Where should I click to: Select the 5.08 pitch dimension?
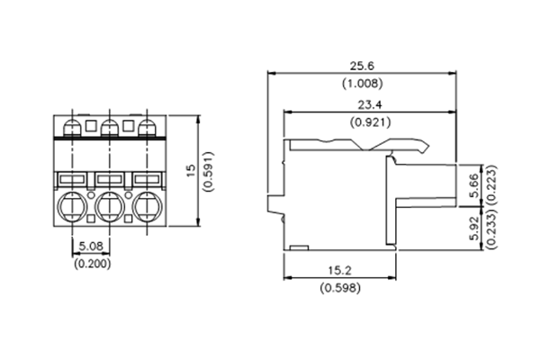90,244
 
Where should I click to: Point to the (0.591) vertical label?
208,170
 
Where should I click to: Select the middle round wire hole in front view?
109,209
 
